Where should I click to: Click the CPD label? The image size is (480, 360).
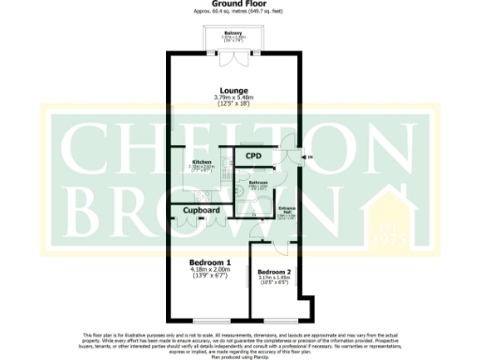[252, 156]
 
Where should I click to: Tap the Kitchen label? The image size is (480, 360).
[202, 161]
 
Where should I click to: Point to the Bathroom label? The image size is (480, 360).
[259, 183]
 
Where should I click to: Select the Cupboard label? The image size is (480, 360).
[202, 211]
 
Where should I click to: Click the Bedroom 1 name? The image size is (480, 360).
[210, 262]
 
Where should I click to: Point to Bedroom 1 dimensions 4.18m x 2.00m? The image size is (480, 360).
[210, 271]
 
